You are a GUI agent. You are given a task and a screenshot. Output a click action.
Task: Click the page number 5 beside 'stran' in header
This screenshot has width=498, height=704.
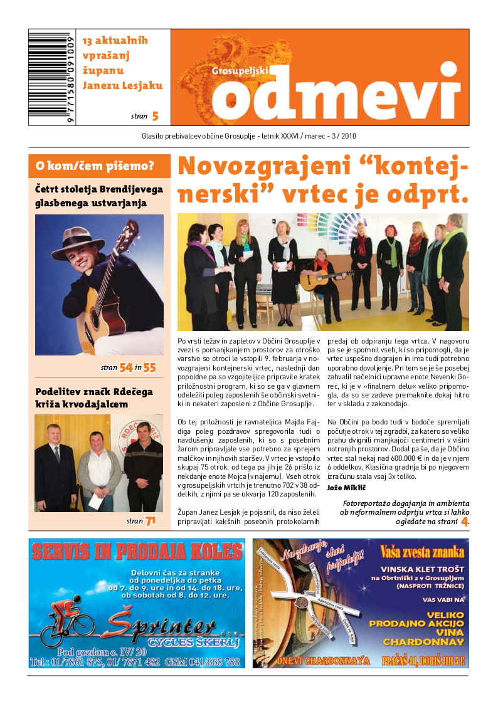coord(155,116)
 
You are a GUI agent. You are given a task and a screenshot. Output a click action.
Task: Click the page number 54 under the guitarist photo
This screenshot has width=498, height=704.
coord(125,368)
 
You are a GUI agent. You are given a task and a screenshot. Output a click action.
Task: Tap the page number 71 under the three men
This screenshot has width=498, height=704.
coord(151,521)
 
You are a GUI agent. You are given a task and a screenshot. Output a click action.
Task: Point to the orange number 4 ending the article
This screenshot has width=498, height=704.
coord(465,521)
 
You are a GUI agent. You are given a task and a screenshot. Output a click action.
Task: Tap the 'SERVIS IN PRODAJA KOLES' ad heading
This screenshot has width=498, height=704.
coord(137,552)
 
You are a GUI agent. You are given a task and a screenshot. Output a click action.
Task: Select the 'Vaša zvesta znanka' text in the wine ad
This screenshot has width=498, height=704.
coord(421,552)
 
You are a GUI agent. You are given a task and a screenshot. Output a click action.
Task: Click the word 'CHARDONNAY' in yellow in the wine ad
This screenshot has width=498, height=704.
coord(423,642)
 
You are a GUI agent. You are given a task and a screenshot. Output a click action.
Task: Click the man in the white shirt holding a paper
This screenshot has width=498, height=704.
coord(99,467)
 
